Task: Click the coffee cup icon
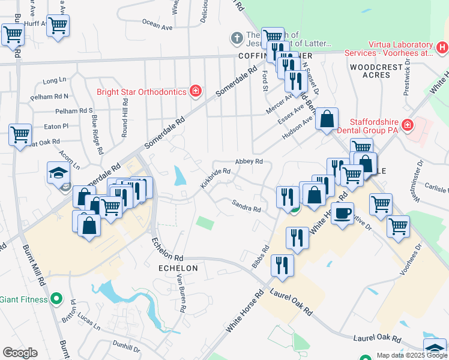pyautogui.click(x=343, y=213)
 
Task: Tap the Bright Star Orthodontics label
pyautogui.click(x=142, y=92)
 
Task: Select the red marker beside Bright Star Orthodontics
pyautogui.click(x=195, y=92)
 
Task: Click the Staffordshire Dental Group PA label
pyautogui.click(x=367, y=125)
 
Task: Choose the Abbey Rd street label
pyautogui.click(x=249, y=161)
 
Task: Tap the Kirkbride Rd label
pyautogui.click(x=215, y=178)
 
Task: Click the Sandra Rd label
pyautogui.click(x=247, y=206)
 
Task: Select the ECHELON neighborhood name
pyautogui.click(x=178, y=268)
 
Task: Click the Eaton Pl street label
pyautogui.click(x=56, y=127)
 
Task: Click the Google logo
pyautogui.click(x=20, y=353)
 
